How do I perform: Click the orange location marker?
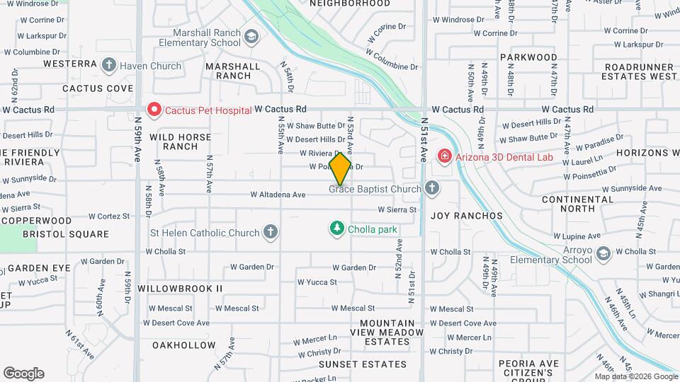(x=340, y=169)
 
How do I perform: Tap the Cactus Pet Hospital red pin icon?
(x=154, y=110)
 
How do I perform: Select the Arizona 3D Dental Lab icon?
(x=444, y=155)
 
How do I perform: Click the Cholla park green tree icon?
(x=337, y=228)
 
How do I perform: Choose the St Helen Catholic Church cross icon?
(x=270, y=232)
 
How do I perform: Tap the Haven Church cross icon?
(x=108, y=66)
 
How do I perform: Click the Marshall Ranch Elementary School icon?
(x=251, y=36)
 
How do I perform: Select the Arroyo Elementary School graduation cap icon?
(x=603, y=253)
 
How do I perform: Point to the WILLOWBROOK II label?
(x=180, y=289)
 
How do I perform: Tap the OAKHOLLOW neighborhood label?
(x=184, y=345)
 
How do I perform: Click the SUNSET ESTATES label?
(x=362, y=364)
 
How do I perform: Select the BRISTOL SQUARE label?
(x=66, y=234)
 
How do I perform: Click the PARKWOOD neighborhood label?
(x=528, y=57)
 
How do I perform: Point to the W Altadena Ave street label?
(x=278, y=195)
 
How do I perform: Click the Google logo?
(x=23, y=374)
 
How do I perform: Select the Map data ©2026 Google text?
(x=636, y=376)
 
